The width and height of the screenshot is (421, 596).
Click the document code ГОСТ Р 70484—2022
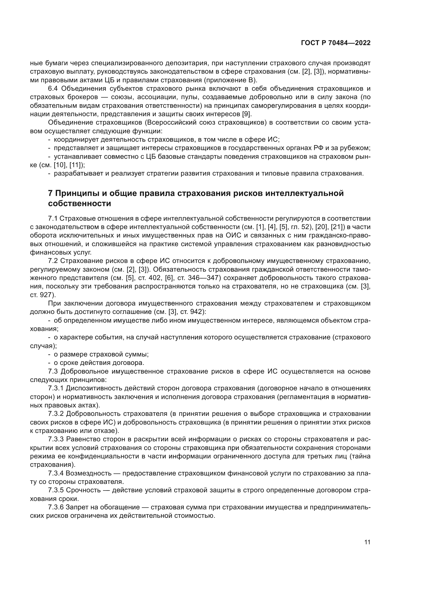click(336, 43)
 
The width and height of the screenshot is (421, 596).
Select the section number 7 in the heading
click(50, 193)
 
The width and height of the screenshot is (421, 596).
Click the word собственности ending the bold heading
click(79, 204)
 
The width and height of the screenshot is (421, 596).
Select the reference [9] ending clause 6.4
click(247, 114)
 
